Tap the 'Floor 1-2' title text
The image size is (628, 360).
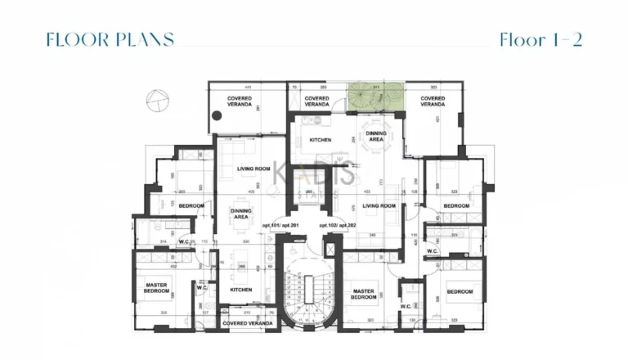pyautogui.click(x=541, y=40)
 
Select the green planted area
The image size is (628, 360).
pyautogui.click(x=374, y=98)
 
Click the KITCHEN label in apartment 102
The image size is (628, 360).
pyautogui.click(x=320, y=141)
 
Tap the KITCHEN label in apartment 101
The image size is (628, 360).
pyautogui.click(x=240, y=290)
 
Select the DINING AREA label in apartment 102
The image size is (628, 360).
pyautogui.click(x=375, y=137)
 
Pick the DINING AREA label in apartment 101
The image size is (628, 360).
pyautogui.click(x=240, y=214)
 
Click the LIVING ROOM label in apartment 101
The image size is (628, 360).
pyautogui.click(x=253, y=169)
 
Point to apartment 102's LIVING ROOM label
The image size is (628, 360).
pyautogui.click(x=379, y=206)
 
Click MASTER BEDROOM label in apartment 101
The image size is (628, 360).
pyautogui.click(x=156, y=288)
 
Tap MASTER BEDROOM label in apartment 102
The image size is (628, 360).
pyautogui.click(x=363, y=294)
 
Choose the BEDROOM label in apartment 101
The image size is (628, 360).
pyautogui.click(x=191, y=205)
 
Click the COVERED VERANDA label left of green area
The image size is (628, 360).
pyautogui.click(x=316, y=102)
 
